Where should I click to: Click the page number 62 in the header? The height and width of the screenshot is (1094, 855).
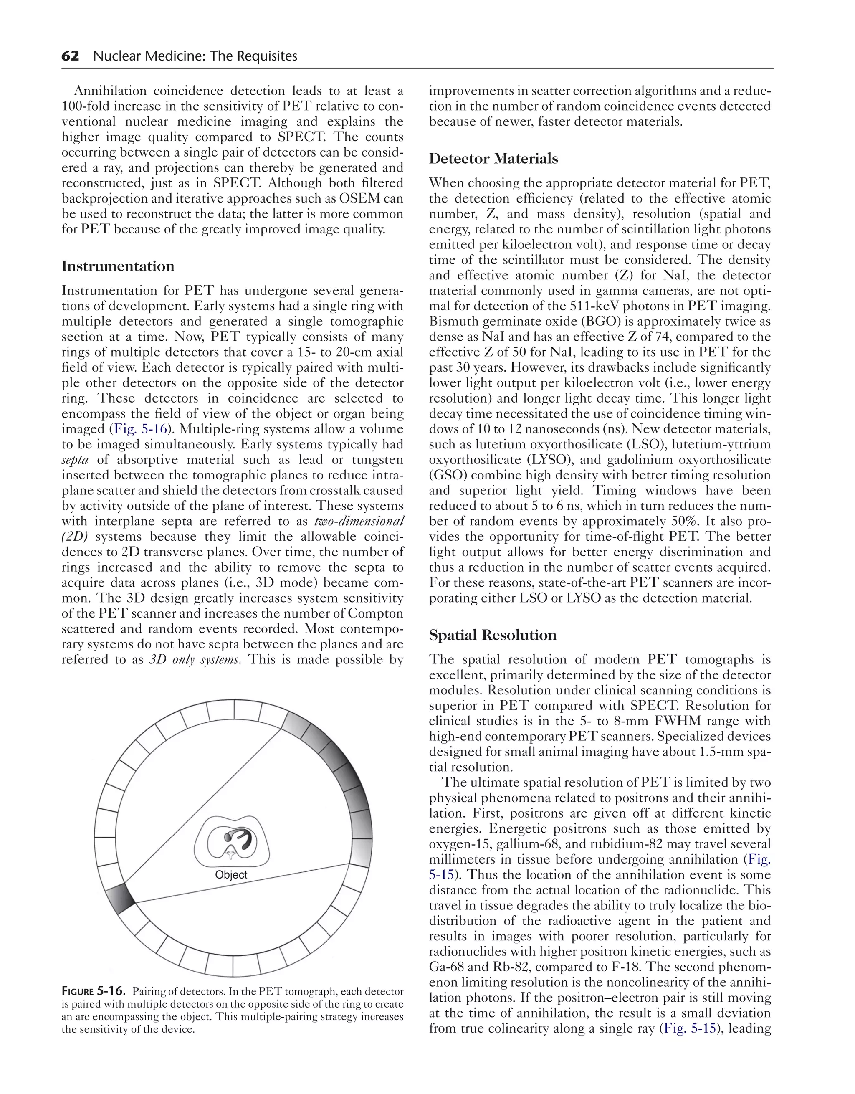click(70, 56)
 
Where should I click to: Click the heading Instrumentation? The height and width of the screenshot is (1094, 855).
click(118, 266)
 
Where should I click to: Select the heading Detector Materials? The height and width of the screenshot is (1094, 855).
click(493, 159)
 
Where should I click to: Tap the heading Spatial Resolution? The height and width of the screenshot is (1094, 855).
click(492, 635)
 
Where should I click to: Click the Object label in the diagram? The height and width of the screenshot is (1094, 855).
click(231, 875)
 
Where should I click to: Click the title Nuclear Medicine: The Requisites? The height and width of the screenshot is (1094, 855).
click(195, 56)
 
